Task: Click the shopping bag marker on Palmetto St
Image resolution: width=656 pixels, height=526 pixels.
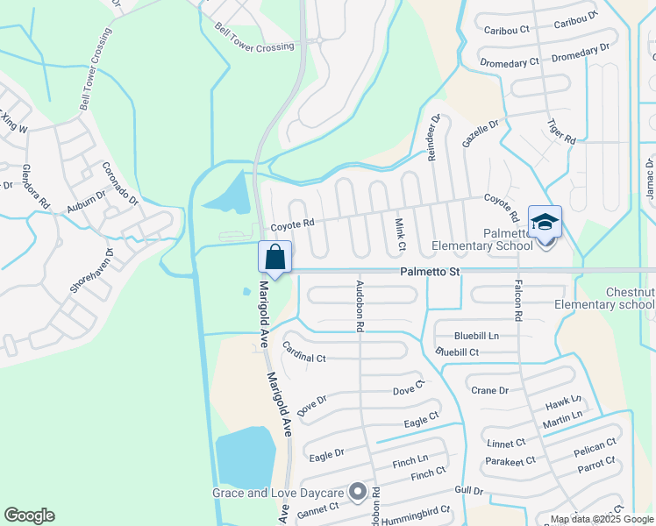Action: (x=275, y=258)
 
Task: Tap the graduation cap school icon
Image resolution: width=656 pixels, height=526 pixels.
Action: (x=545, y=223)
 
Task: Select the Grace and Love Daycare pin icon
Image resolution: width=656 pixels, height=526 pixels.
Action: (x=357, y=493)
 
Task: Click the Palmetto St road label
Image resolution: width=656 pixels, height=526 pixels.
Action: (x=431, y=273)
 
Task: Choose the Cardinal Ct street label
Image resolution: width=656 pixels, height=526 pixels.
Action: (x=304, y=352)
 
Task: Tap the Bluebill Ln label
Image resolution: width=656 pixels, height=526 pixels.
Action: (x=476, y=336)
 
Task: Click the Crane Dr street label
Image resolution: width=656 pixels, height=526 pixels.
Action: (x=489, y=391)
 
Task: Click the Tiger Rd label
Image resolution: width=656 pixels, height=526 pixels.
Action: (x=560, y=132)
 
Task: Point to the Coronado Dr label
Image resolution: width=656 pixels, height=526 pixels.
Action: (x=121, y=184)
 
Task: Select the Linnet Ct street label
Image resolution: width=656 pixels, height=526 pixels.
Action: (x=506, y=444)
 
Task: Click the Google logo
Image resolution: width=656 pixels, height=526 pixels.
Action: (x=29, y=515)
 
